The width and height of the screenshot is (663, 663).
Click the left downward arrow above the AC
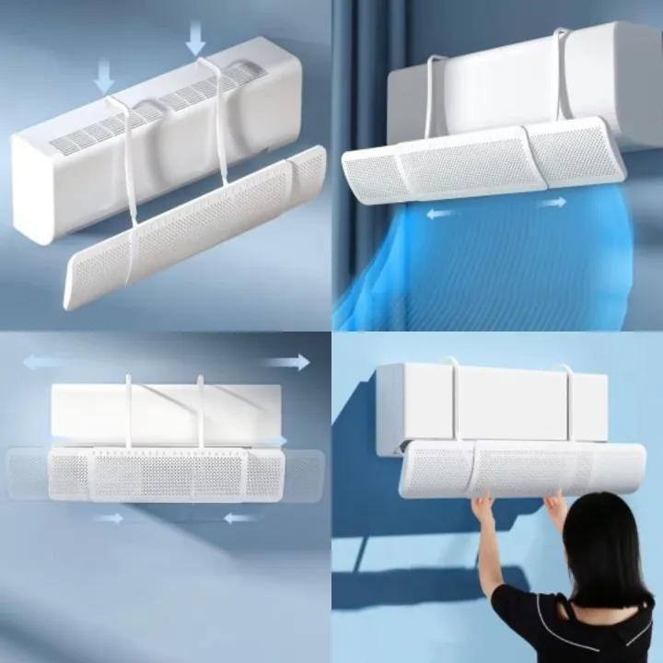coord(104,75)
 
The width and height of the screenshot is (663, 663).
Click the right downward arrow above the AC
coord(195,39)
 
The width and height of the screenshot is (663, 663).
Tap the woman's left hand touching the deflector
coord(483,508)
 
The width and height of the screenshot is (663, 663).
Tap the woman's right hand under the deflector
coord(554,505)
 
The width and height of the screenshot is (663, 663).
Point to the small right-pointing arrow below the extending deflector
coord(109,518)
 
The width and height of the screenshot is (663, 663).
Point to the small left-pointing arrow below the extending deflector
coord(241,518)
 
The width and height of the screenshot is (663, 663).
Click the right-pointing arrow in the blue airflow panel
coord(552,202)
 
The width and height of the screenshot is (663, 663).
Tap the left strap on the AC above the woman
coord(454,396)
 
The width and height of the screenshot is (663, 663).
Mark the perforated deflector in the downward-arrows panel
coord(193,230)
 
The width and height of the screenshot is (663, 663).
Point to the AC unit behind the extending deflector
coord(166,405)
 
